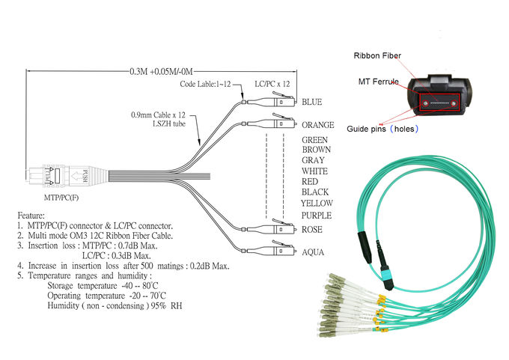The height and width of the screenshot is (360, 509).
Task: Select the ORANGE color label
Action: click(317, 125)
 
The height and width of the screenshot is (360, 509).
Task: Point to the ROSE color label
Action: click(311, 230)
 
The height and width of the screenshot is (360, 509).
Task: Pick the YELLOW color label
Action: click(317, 203)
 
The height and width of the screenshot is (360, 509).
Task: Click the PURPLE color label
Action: click(317, 216)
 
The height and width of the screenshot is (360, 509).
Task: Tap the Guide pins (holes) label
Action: click(382, 129)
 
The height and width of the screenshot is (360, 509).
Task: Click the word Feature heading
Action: click(32, 214)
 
